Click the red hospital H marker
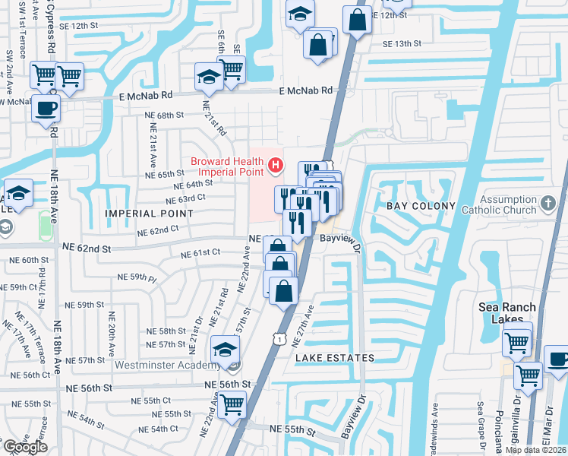(275, 164)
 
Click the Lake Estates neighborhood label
(334, 357)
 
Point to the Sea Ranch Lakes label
(506, 313)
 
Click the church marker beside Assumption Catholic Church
(548, 202)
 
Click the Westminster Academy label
(169, 365)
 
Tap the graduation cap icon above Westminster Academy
(225, 350)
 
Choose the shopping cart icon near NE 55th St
(232, 404)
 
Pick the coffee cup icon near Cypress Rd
(46, 107)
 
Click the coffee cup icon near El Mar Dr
(558, 359)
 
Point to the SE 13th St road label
(402, 43)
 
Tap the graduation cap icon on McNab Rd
(208, 76)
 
